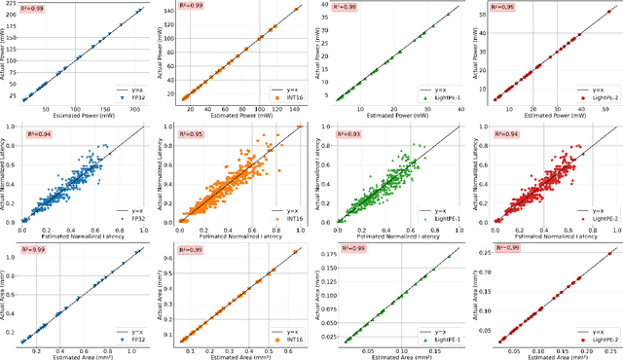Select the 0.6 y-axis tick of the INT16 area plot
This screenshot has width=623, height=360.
tap(169, 258)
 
